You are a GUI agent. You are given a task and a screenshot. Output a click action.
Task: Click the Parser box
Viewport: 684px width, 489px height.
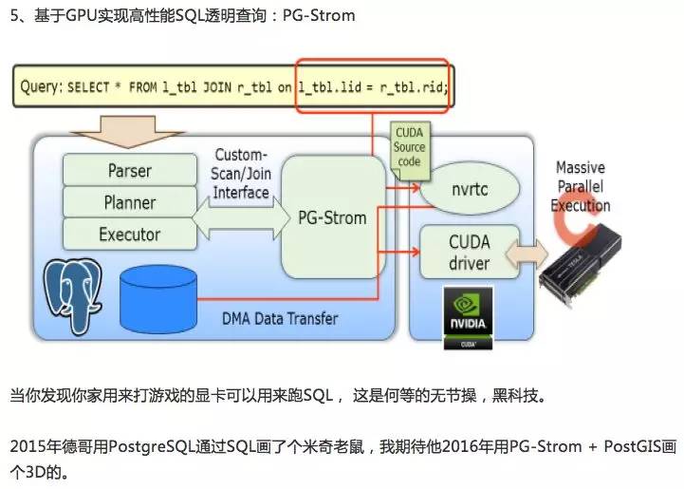[x=130, y=171]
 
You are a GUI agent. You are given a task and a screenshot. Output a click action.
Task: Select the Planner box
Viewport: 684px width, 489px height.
[x=130, y=202]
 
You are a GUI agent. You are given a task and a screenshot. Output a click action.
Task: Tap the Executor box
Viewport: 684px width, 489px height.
[x=130, y=234]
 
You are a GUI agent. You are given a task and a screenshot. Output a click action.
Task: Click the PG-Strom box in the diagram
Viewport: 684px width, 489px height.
[x=331, y=217]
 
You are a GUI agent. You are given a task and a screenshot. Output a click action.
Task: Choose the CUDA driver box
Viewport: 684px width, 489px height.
[x=469, y=252]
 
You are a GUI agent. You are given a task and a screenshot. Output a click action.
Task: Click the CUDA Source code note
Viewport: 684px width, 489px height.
[x=409, y=148]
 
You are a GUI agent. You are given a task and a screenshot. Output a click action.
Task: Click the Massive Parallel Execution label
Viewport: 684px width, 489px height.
[x=581, y=187]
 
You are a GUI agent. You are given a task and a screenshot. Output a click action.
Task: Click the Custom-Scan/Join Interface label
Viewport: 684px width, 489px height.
[x=242, y=173]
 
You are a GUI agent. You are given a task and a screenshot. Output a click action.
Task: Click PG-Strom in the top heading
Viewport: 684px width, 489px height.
[x=317, y=16]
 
